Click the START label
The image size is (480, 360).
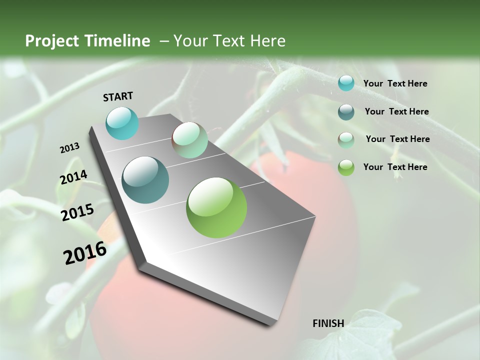tap(118, 96)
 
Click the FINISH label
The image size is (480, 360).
tap(328, 323)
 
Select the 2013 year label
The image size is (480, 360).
tap(70, 148)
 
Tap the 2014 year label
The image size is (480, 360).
tap(73, 177)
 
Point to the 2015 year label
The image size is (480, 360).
tap(77, 212)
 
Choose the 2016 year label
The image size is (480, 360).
tap(85, 252)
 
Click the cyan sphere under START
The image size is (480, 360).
tap(122, 123)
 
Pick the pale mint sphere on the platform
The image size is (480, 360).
tap(189, 140)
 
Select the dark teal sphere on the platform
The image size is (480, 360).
tap(145, 180)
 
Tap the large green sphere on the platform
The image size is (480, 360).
tap(216, 207)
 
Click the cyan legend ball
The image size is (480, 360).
tap(346, 83)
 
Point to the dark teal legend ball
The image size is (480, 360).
tap(346, 112)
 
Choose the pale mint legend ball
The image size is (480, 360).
tap(346, 140)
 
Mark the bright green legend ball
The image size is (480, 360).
tap(346, 167)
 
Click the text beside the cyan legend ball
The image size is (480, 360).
tap(395, 83)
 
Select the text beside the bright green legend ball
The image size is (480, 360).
tap(395, 167)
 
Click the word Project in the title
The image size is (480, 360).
tap(52, 41)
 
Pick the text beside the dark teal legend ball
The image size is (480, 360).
tap(396, 111)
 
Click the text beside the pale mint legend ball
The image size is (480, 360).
tap(397, 139)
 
